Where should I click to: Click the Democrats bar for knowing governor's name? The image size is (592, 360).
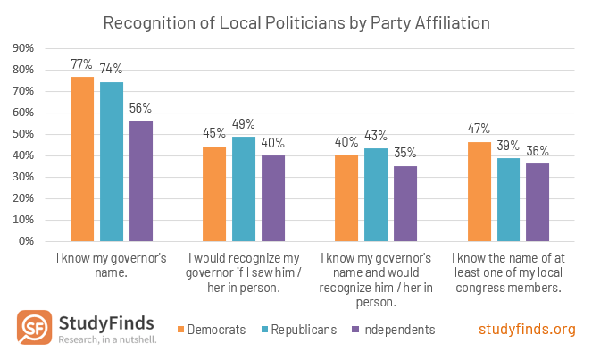click(82, 159)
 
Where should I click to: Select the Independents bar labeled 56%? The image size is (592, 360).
click(141, 181)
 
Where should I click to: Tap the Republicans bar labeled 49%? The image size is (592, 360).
click(244, 188)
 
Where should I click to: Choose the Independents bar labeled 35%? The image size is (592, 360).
click(405, 204)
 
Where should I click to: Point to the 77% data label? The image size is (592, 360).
click(82, 64)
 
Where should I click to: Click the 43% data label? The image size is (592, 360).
click(376, 136)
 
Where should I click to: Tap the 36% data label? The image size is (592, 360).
click(538, 151)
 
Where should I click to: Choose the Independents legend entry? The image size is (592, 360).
click(393, 330)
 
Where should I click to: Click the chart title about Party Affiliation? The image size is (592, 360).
click(296, 21)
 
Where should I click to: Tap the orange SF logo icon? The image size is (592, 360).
click(34, 328)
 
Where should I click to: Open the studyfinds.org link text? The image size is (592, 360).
click(527, 330)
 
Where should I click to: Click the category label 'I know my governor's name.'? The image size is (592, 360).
click(112, 265)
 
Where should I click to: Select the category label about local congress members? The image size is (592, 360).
click(508, 272)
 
